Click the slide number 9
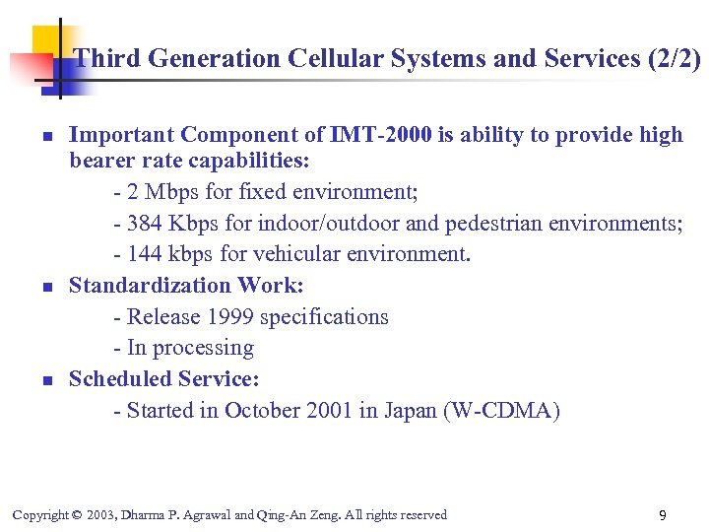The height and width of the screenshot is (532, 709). pos(663,515)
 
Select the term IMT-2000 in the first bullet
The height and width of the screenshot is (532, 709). pos(382,135)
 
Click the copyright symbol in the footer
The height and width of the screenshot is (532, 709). pos(77,515)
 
